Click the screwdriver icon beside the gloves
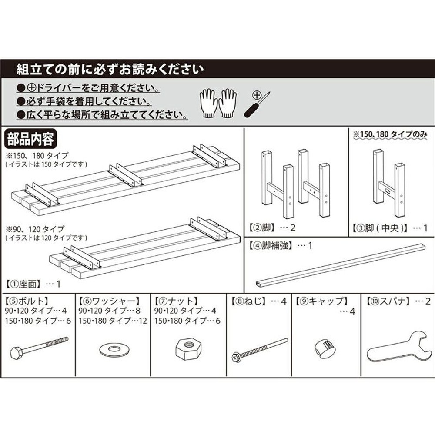[x=257, y=104]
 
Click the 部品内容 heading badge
[x=30, y=139]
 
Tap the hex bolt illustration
[x=39, y=348]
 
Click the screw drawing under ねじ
[x=260, y=350]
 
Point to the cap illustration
[x=325, y=348]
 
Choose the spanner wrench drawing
[x=399, y=347]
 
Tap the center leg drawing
[x=389, y=183]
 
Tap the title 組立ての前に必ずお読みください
[x=110, y=69]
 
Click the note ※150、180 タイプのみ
[x=390, y=134]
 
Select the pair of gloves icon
[x=218, y=103]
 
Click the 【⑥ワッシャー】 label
[x=109, y=301]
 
